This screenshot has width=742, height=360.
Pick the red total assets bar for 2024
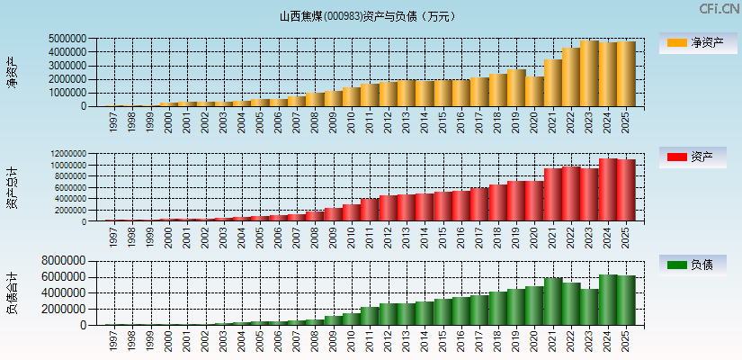point(608,190)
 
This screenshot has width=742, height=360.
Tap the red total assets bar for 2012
point(388,208)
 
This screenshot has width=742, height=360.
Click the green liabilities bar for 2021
point(553,301)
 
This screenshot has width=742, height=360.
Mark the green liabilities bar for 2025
point(626,301)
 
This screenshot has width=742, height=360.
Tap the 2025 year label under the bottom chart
point(626,341)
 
